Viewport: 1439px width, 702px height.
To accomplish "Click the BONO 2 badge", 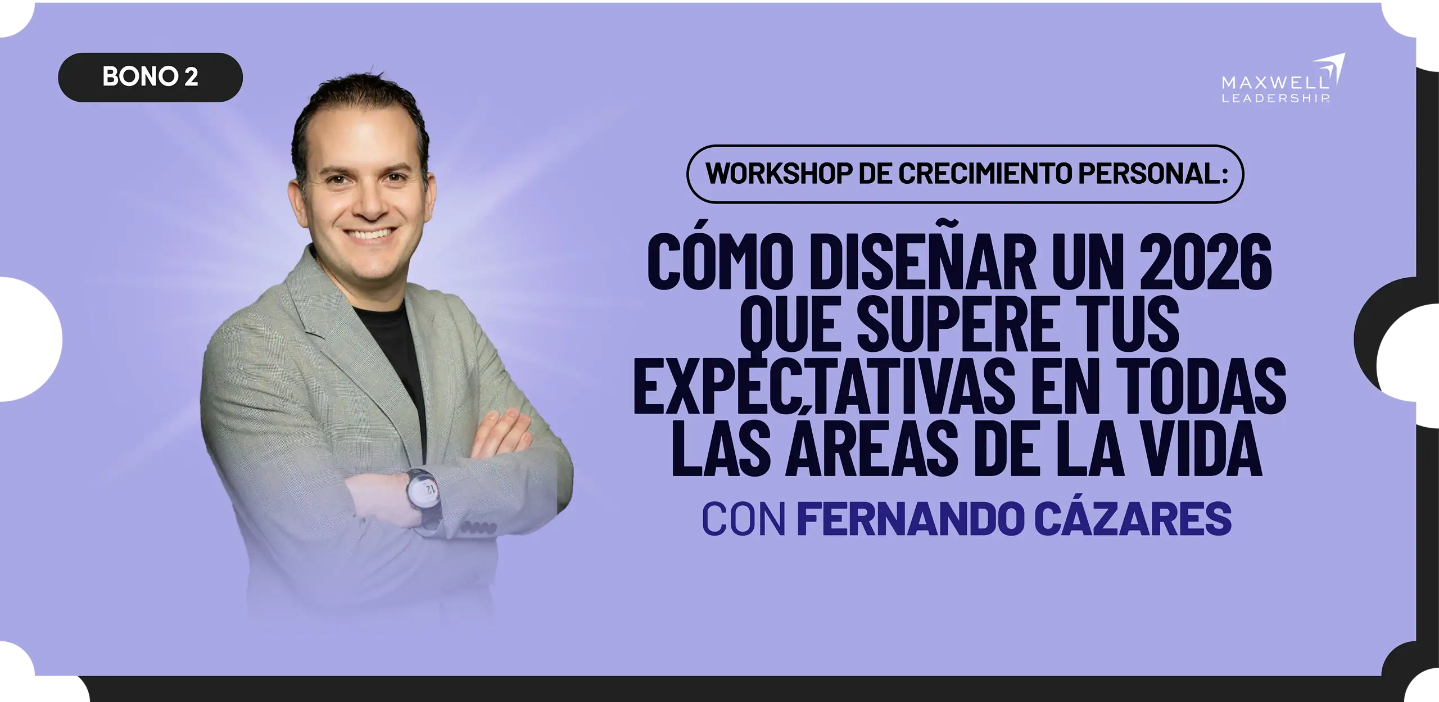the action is pyautogui.click(x=150, y=77).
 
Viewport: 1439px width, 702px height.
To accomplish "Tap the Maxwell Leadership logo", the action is pyautogui.click(x=1283, y=78).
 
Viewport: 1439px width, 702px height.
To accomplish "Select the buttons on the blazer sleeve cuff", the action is pyautogui.click(x=479, y=528).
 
